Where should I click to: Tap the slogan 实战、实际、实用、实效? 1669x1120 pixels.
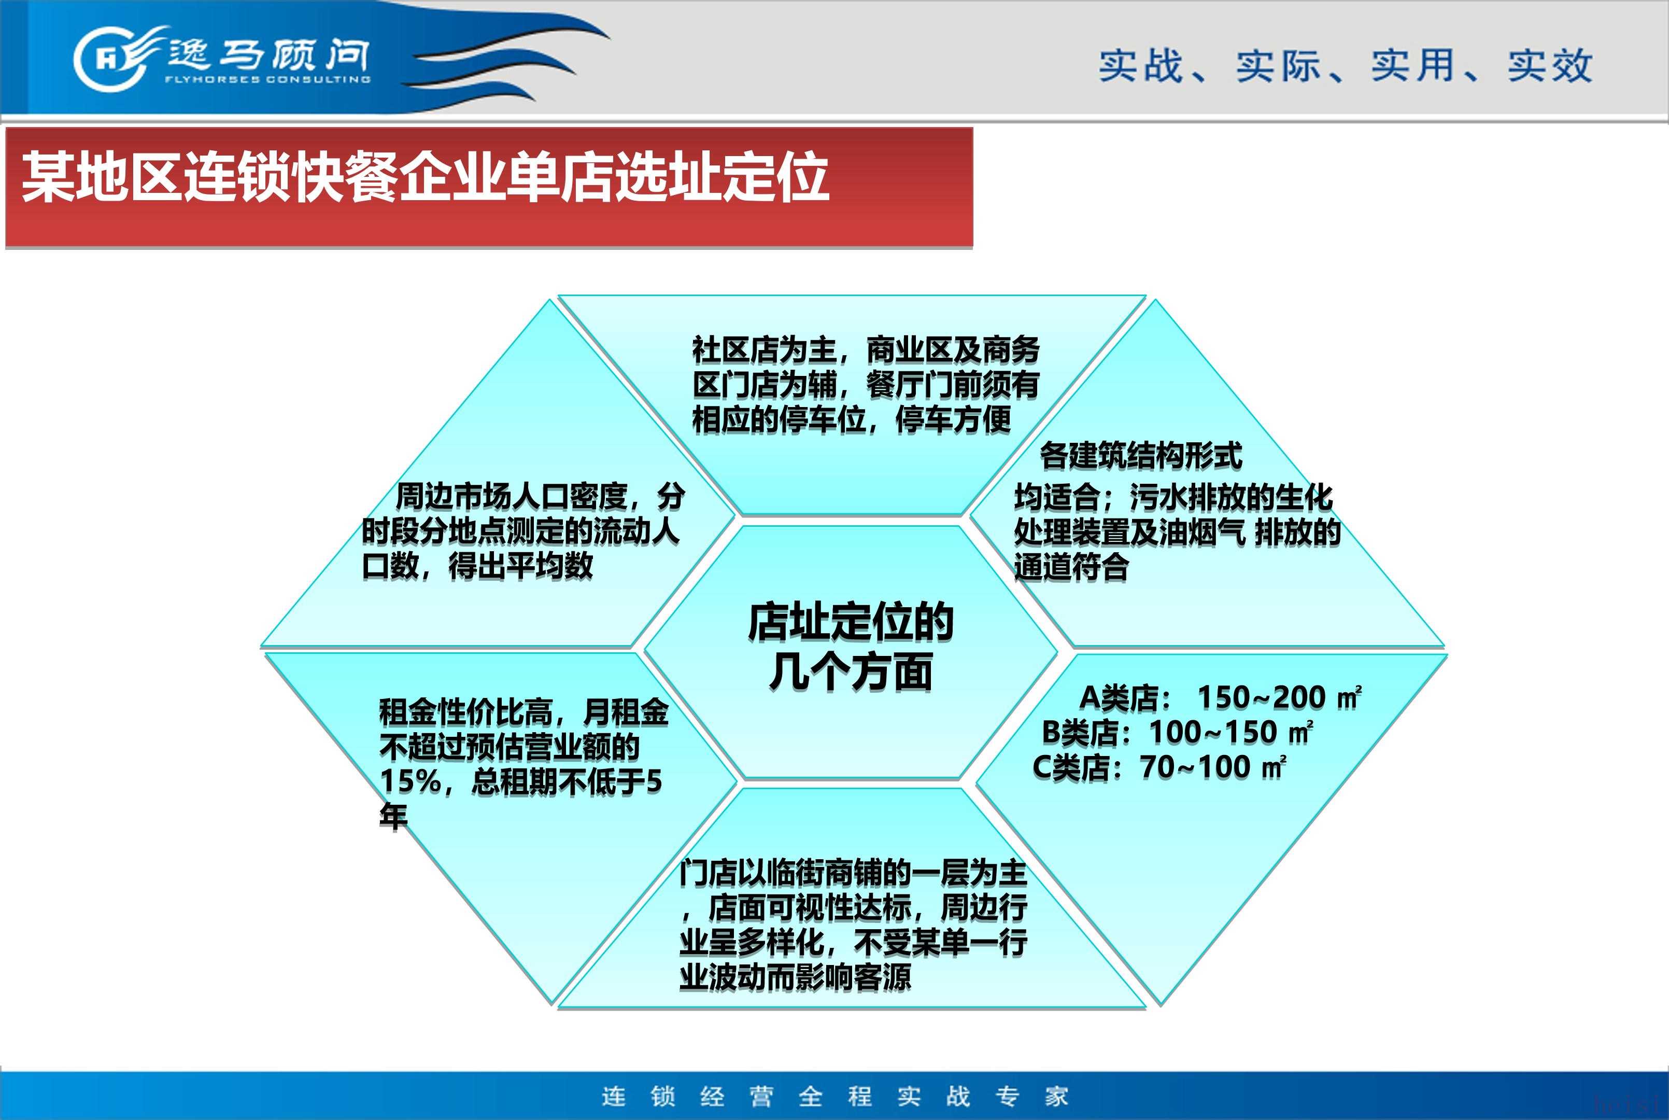click(1346, 66)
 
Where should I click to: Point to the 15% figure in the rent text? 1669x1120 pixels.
click(410, 781)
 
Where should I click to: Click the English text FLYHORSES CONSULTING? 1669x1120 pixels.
click(267, 79)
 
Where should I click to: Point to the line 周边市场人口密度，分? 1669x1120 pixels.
click(541, 496)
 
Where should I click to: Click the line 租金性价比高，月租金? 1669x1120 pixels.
click(524, 712)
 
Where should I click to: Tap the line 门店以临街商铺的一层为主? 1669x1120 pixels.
click(853, 873)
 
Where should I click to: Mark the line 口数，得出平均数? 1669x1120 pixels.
click(477, 566)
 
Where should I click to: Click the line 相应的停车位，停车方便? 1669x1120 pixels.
click(852, 419)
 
